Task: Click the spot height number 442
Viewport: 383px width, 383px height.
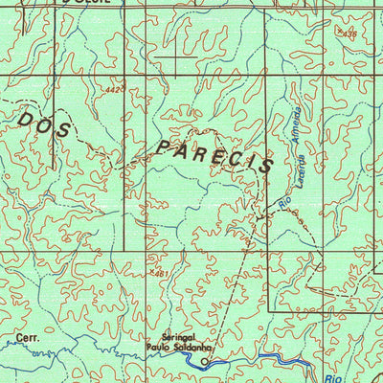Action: (116, 90)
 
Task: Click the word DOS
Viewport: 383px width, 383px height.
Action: (44, 124)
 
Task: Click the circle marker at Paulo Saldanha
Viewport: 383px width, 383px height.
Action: (204, 363)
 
